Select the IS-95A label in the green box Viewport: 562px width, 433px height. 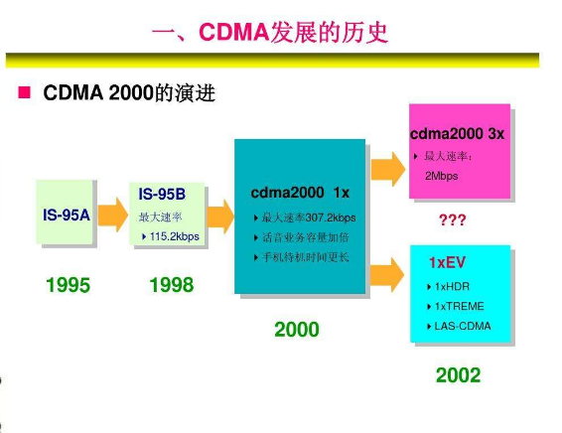67,214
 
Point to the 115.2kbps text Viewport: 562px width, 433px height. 174,236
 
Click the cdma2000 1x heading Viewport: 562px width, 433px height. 300,191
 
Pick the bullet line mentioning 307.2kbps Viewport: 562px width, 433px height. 305,217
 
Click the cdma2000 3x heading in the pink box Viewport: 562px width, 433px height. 457,134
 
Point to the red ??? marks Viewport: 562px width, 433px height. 453,219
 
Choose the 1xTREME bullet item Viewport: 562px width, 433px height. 458,306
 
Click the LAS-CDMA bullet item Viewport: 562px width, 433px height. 462,326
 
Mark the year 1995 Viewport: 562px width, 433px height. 68,286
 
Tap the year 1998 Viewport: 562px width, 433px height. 172,286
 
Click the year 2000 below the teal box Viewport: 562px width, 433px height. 297,329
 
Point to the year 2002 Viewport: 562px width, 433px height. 458,375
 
